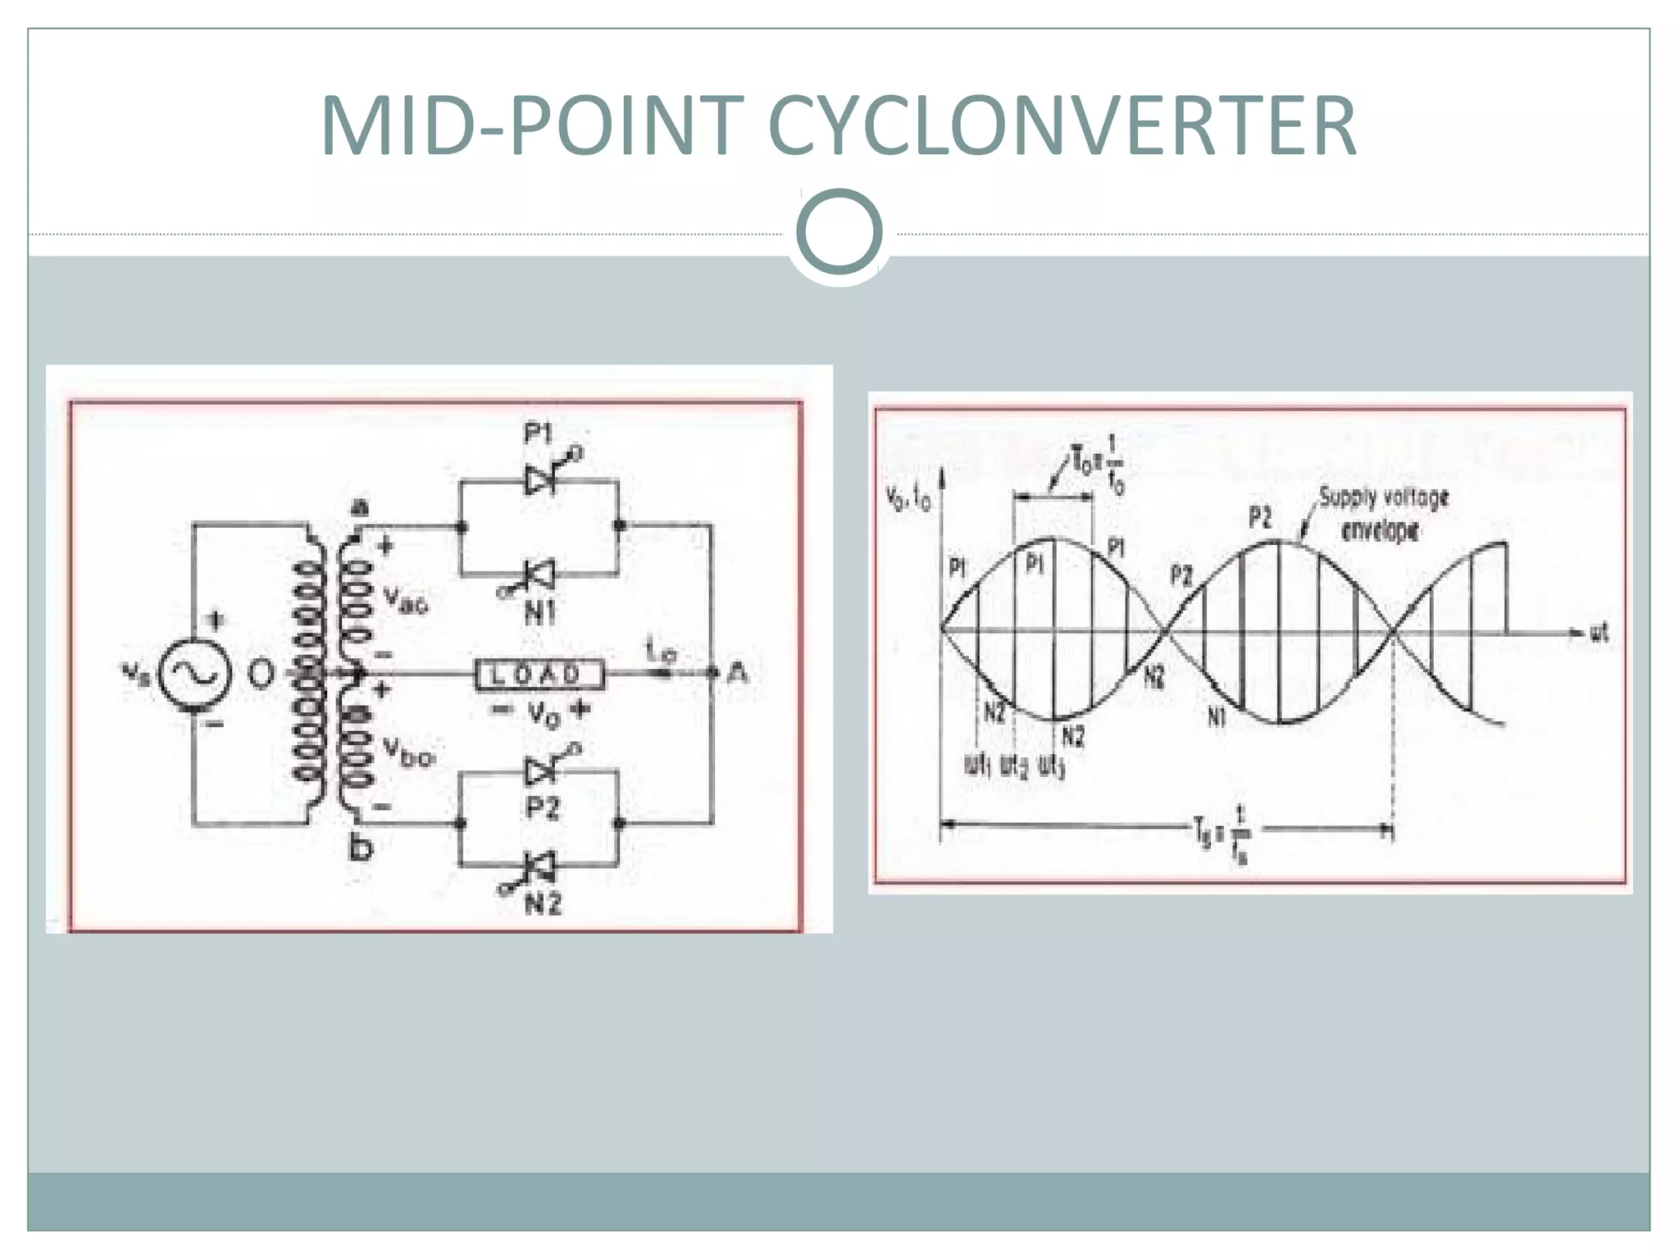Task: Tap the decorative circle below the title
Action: (839, 232)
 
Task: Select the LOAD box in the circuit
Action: (539, 675)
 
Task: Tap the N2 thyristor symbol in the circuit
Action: (539, 865)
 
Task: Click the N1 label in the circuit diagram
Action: (539, 611)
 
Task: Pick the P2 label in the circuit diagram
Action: (542, 808)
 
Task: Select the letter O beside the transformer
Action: (261, 674)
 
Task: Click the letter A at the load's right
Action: (738, 674)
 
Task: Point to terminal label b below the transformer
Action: (360, 848)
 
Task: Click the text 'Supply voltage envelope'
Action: (1382, 514)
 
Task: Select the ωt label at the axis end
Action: (1599, 632)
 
